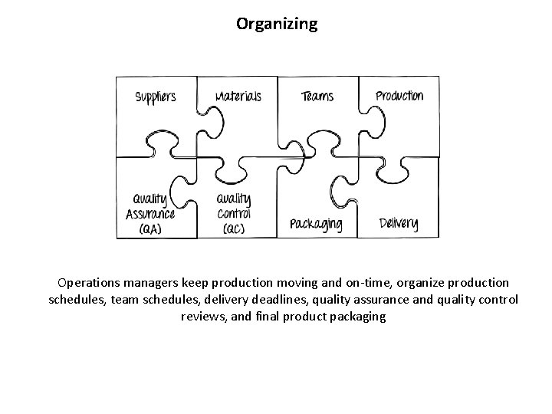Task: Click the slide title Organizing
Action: pyautogui.click(x=276, y=25)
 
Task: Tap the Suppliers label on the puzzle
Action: pyautogui.click(x=156, y=97)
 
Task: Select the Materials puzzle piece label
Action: pyautogui.click(x=238, y=97)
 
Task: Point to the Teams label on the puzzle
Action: pyautogui.click(x=317, y=97)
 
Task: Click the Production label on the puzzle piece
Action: pyautogui.click(x=399, y=96)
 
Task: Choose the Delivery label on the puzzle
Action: pyautogui.click(x=399, y=224)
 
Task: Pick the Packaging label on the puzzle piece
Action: pyautogui.click(x=316, y=225)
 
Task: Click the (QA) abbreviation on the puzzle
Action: pyautogui.click(x=150, y=228)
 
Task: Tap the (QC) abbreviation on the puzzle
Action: pyautogui.click(x=234, y=229)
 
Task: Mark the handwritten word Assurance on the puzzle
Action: pyautogui.click(x=150, y=214)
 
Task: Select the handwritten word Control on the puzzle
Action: pyautogui.click(x=234, y=214)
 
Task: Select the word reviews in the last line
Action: pyautogui.click(x=202, y=316)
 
